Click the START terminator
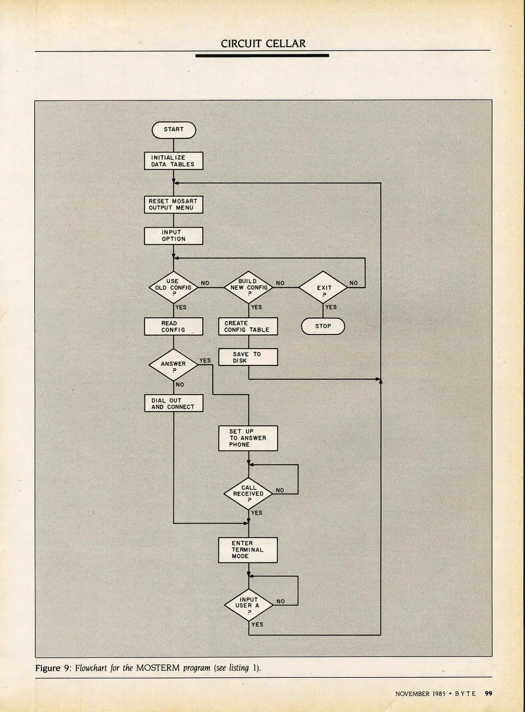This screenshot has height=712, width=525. (x=174, y=130)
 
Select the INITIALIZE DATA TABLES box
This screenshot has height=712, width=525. (x=174, y=161)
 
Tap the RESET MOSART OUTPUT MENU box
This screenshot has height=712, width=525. (x=174, y=204)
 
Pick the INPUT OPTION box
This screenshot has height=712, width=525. (x=174, y=236)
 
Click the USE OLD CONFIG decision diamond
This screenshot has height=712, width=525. (x=174, y=287)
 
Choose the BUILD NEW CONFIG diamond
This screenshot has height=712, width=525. (x=248, y=287)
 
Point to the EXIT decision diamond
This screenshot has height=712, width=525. (x=323, y=287)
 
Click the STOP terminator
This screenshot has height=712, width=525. (x=323, y=326)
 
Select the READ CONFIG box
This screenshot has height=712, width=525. (x=174, y=326)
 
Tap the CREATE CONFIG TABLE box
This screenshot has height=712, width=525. (x=248, y=326)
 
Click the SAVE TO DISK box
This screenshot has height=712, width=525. (x=248, y=357)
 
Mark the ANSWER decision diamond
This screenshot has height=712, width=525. (x=174, y=365)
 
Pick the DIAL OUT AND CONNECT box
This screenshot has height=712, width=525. (x=174, y=403)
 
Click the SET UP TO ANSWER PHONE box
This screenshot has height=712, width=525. (x=248, y=438)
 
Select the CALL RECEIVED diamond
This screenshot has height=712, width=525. (x=248, y=493)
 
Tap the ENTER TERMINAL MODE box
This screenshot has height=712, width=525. (x=248, y=550)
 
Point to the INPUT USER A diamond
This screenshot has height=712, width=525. (x=248, y=605)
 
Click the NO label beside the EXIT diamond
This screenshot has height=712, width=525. (x=353, y=283)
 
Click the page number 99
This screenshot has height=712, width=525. (x=488, y=694)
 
